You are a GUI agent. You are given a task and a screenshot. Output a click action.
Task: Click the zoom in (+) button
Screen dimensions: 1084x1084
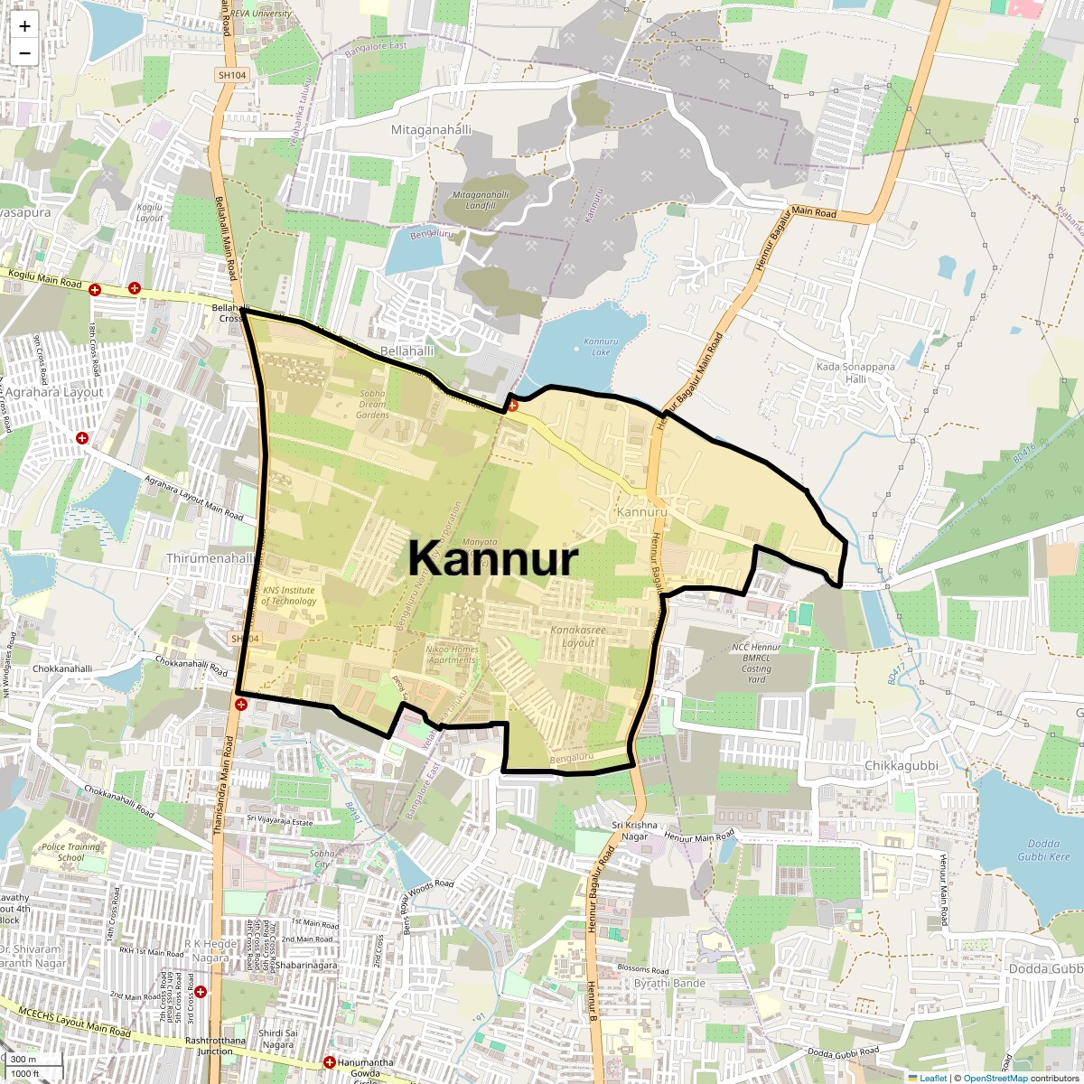24,26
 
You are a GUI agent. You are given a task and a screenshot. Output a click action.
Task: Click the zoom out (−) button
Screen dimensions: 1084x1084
24,53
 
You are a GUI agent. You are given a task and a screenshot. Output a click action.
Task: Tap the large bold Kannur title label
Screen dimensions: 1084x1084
492,559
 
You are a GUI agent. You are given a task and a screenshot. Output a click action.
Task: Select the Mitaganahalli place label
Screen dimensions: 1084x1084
431,130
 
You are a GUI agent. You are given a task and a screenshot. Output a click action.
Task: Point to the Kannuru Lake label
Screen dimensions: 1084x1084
601,347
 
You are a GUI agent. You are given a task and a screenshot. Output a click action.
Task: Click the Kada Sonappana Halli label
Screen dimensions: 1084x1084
855,373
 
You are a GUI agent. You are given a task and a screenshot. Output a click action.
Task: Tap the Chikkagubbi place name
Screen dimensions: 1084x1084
902,766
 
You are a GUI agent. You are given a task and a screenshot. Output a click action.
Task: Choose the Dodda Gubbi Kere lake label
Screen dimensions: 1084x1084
1043,850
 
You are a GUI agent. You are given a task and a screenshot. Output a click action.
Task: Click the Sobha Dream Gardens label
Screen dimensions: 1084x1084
372,404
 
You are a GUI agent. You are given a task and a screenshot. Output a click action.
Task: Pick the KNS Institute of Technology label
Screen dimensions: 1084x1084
289,595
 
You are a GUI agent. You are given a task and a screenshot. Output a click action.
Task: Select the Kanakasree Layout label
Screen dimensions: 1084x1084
578,636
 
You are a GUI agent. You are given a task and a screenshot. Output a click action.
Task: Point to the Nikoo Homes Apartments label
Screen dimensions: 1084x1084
452,654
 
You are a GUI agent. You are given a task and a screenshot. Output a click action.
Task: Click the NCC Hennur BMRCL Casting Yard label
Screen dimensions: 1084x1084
756,663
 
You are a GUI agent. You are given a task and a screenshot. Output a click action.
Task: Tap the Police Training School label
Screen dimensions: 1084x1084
71,852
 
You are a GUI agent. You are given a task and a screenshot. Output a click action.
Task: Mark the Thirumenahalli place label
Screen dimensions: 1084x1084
210,559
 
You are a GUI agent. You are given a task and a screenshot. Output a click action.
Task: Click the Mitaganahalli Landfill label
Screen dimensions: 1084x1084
481,200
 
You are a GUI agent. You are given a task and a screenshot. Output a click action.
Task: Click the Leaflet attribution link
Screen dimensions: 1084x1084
933,1078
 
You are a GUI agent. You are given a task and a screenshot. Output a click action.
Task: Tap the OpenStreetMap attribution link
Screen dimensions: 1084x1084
995,1078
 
